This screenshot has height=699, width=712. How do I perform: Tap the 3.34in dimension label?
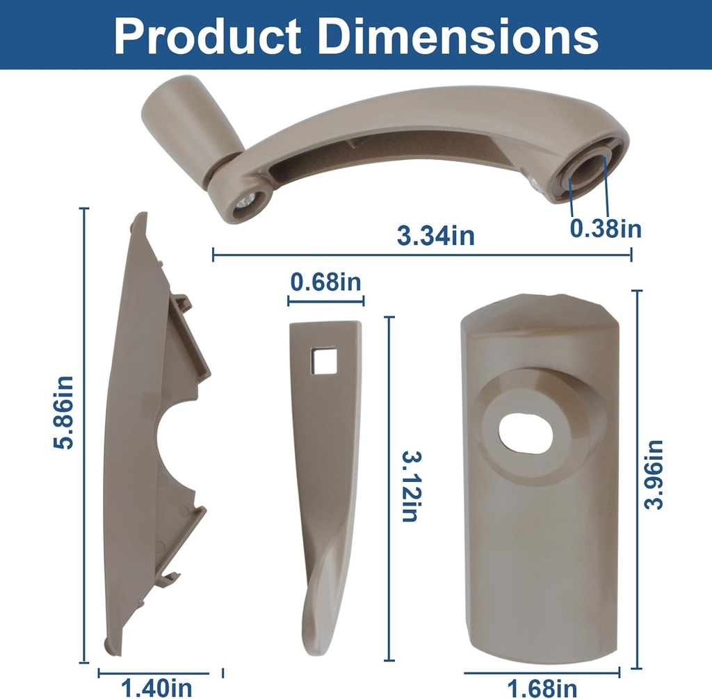tap(435, 235)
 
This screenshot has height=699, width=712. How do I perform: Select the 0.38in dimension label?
tap(606, 228)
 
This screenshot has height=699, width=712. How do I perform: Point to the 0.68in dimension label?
tap(325, 282)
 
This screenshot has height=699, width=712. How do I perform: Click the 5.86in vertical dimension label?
tap(64, 412)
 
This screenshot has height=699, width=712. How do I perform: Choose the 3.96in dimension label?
tap(654, 474)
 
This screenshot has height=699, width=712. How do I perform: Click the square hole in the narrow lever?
tap(324, 362)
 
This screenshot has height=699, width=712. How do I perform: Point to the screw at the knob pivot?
tap(245, 202)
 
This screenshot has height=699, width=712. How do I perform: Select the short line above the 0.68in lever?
tap(325, 301)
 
